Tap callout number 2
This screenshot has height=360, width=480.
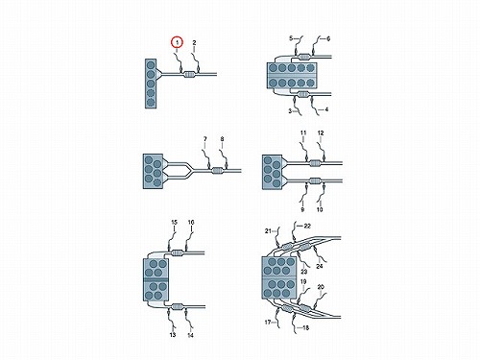click(x=194, y=42)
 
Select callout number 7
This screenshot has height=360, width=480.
click(x=204, y=139)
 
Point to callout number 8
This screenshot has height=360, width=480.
click(x=222, y=139)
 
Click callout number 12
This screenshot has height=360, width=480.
click(x=321, y=132)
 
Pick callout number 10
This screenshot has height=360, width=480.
click(x=320, y=209)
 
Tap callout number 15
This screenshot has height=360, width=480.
click(x=174, y=223)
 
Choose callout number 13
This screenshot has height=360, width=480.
click(x=173, y=335)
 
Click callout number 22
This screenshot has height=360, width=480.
click(x=307, y=226)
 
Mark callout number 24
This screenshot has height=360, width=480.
click(x=320, y=266)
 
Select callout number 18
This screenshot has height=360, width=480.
click(x=305, y=327)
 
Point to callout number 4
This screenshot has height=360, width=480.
click(x=326, y=109)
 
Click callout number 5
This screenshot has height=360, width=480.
click(x=291, y=38)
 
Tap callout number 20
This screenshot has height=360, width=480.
click(x=321, y=287)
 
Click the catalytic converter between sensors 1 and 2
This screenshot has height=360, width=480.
click(x=189, y=75)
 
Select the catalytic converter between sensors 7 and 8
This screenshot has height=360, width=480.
click(x=218, y=171)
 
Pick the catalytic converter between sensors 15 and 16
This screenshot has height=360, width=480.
click(x=177, y=253)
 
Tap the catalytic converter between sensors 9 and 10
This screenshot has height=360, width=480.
click(x=315, y=181)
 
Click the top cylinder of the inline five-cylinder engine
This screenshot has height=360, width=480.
click(x=151, y=65)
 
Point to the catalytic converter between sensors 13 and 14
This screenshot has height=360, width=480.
click(x=178, y=307)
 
